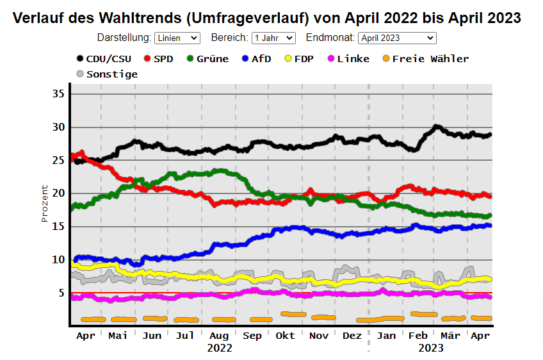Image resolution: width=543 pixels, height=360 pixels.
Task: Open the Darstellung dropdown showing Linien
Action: click(177, 38)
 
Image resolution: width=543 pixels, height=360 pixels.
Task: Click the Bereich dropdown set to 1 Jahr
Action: click(273, 38)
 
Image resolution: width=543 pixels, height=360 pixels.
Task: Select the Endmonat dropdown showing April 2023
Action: click(397, 38)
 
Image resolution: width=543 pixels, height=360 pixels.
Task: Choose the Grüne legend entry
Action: click(207, 59)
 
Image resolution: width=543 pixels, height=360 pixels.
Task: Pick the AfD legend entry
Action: click(256, 59)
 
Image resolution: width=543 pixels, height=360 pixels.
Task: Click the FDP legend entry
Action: click(298, 59)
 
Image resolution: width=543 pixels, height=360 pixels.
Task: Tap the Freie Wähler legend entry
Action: click(425, 59)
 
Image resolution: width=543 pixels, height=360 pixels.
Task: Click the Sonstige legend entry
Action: click(107, 74)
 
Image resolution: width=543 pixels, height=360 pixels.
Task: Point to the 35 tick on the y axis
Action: click(59, 94)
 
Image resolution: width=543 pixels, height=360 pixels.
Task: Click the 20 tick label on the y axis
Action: click(59, 193)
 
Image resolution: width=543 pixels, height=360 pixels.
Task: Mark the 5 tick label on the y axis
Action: click(61, 293)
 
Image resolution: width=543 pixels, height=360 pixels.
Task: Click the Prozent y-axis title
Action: click(45, 203)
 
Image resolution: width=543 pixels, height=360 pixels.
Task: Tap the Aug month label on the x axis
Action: click(219, 336)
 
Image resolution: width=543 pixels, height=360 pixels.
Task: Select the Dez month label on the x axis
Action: click(352, 336)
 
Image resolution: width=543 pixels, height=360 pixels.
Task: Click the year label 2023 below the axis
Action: click(430, 348)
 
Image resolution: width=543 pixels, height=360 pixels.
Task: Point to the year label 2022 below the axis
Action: click(220, 348)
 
